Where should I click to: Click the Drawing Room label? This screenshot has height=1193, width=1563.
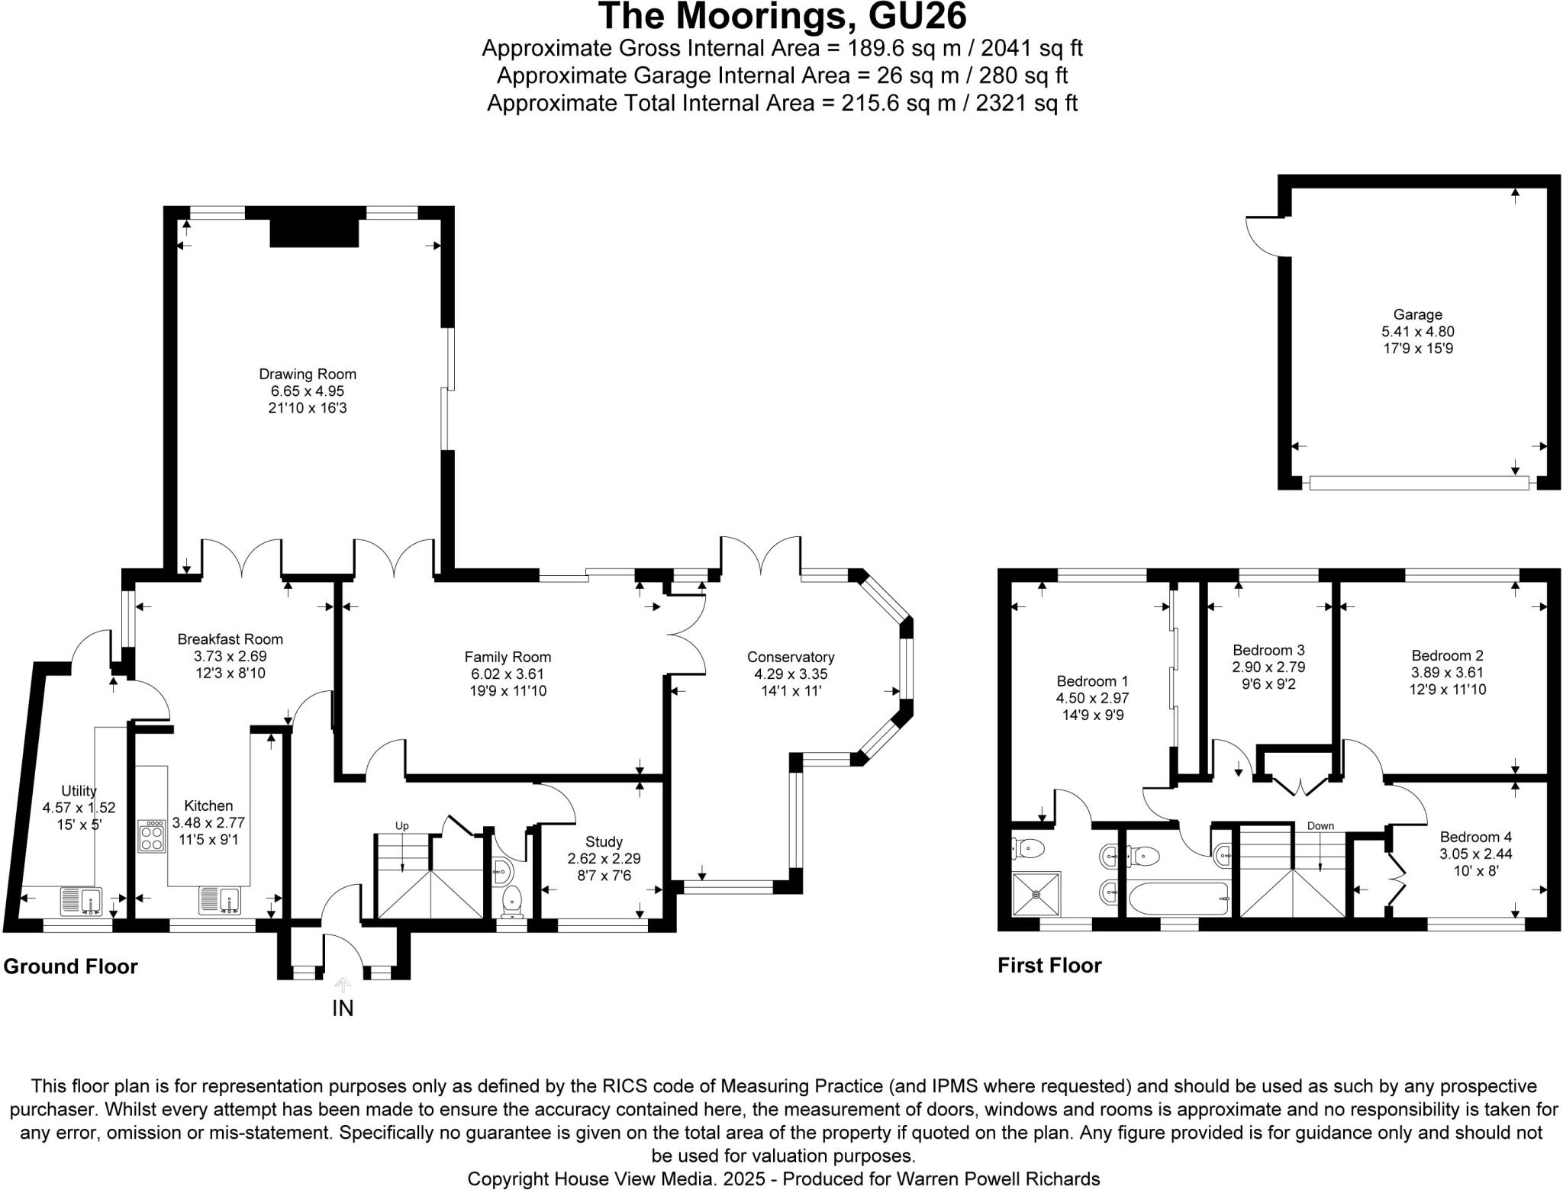[308, 374]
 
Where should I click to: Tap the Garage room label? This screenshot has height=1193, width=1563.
[1417, 314]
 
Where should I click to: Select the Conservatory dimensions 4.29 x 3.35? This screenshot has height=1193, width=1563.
[791, 674]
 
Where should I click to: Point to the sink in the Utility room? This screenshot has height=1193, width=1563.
[81, 901]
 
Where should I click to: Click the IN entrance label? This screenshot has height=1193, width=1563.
[343, 1008]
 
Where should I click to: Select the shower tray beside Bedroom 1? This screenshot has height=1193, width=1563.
[1036, 894]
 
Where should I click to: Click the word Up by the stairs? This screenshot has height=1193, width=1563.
[402, 826]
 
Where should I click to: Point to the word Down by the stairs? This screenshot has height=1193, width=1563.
[1320, 826]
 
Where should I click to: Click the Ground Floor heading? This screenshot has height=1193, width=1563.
[70, 966]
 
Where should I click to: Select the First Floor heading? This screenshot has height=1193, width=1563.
[1049, 966]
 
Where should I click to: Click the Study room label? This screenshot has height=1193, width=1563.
[604, 842]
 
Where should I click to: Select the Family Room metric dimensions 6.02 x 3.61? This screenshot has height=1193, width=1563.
[508, 674]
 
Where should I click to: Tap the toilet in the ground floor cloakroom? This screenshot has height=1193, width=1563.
[511, 899]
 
